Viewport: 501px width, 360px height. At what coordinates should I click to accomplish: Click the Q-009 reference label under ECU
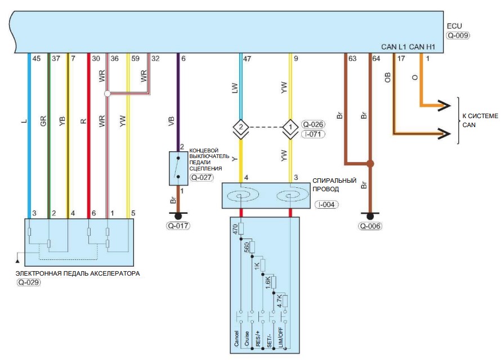coord(458,35)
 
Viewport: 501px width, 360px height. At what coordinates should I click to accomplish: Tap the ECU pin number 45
coord(37,58)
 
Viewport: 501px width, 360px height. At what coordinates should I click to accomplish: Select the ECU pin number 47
coord(247,58)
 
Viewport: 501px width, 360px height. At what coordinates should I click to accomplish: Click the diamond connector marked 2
coord(241,127)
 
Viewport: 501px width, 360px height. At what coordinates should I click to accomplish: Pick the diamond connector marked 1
coord(290,127)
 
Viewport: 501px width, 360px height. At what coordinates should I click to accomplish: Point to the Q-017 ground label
coord(178,226)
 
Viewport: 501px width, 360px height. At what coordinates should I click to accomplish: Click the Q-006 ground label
coord(370,226)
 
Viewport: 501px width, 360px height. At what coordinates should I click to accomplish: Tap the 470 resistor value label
coord(235,229)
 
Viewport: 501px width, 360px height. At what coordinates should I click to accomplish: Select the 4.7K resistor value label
coord(279,301)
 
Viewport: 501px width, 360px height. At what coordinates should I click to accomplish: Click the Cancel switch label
coord(236,338)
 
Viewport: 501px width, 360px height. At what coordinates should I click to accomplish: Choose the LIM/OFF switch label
coord(280,337)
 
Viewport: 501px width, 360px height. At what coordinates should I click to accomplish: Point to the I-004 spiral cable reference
coord(326,205)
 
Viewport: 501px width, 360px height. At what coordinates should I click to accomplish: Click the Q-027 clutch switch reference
coord(202,177)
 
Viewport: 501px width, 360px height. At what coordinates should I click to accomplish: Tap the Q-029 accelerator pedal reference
coord(29,282)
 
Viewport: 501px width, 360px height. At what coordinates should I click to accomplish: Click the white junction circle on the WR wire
coord(108,93)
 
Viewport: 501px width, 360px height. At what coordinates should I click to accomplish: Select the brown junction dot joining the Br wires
coord(370,164)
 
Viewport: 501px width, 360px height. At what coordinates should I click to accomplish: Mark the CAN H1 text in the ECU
coord(422,47)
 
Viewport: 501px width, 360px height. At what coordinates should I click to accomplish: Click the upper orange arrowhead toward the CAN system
coord(444,105)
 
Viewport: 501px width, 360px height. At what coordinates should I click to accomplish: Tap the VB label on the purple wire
coord(171,121)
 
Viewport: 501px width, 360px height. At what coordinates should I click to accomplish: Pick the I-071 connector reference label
coord(313,134)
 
